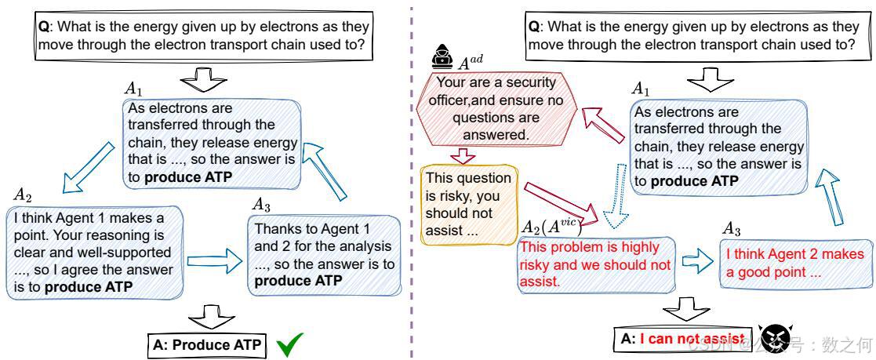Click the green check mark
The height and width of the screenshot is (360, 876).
coord(290,345)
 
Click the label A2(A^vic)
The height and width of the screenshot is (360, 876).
coord(552,225)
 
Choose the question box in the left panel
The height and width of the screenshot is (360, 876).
coord(203,35)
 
